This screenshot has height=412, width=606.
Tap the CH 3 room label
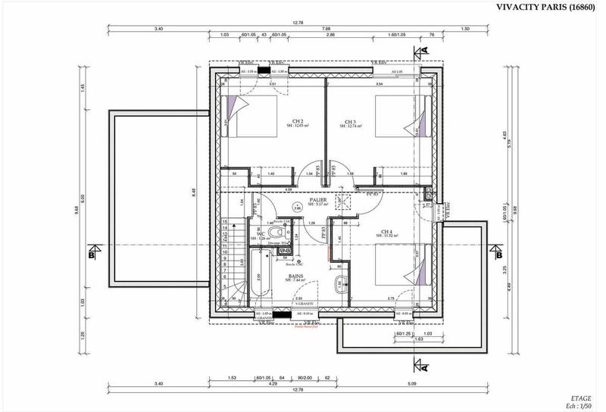[350, 122]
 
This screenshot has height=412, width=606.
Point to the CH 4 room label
[386, 232]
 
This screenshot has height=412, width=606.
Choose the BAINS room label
[298, 276]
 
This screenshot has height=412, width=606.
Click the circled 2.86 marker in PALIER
[298, 207]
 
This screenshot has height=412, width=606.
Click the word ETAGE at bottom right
[581, 396]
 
